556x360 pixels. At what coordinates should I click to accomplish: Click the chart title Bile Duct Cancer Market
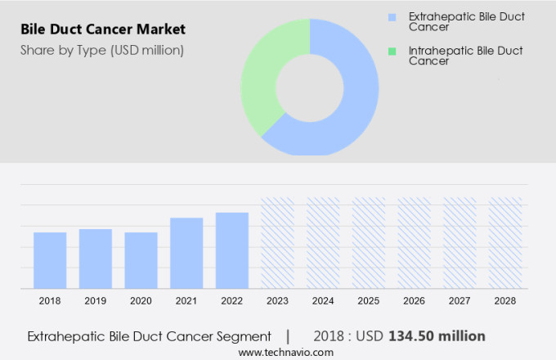(103, 29)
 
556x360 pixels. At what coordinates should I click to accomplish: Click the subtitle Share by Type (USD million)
(102, 50)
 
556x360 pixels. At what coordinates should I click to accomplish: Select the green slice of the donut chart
(263, 82)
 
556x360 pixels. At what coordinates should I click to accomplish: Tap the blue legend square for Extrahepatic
(392, 17)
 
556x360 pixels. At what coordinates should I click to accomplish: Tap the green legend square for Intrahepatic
(392, 52)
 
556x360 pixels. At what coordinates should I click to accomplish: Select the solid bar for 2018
(50, 260)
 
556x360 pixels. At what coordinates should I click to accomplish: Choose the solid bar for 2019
(96, 259)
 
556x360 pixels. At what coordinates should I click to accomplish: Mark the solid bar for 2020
(141, 260)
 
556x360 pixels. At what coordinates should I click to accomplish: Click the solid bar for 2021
(186, 253)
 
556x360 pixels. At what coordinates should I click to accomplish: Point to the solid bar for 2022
(232, 250)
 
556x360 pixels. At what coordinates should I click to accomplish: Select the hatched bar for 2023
(277, 243)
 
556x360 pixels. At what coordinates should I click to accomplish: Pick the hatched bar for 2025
(369, 243)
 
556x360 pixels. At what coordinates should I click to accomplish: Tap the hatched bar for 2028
(505, 243)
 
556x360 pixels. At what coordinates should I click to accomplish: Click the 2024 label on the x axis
(323, 301)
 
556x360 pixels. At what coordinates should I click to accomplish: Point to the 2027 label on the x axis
(460, 301)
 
